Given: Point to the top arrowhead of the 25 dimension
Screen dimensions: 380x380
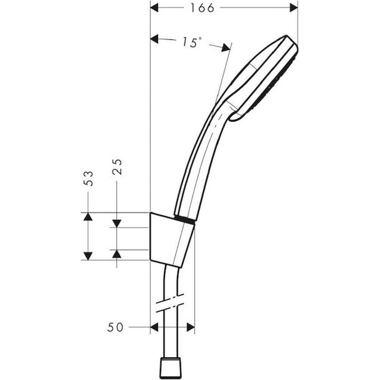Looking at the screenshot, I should [117, 223].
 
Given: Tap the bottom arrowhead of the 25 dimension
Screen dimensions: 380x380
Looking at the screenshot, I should [117, 253].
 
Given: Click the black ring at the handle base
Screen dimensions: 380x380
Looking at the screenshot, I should [186, 218].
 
